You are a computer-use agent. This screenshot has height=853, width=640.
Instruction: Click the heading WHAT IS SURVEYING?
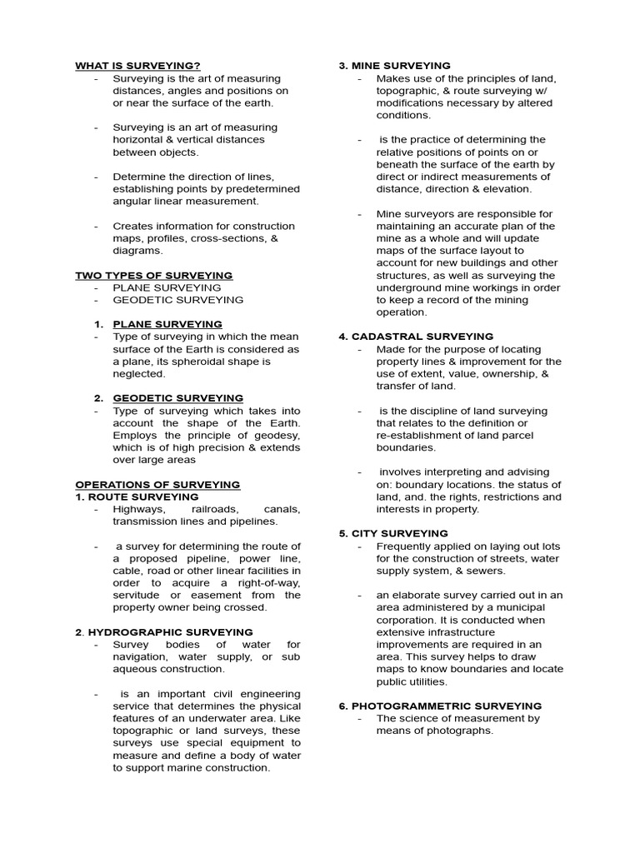(x=137, y=66)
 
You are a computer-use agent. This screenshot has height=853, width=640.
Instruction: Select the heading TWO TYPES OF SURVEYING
(x=154, y=275)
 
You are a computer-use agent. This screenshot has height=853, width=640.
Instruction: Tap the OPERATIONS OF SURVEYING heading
(x=157, y=484)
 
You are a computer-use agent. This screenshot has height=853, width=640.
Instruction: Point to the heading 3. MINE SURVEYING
(x=394, y=66)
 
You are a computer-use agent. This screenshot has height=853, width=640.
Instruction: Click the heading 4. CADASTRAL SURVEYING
(x=416, y=337)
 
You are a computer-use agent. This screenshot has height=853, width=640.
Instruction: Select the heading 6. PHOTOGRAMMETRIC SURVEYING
(x=440, y=706)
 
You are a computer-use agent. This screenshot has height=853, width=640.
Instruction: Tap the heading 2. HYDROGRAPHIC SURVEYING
(x=164, y=632)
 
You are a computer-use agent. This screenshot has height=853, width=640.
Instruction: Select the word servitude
(x=138, y=595)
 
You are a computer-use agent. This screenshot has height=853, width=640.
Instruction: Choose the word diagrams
(x=138, y=251)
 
